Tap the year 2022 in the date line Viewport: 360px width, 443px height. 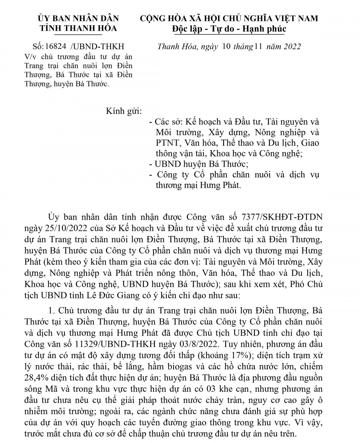point(290,47)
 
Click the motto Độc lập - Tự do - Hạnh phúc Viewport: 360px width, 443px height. point(229,29)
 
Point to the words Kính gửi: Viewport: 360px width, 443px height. point(124,111)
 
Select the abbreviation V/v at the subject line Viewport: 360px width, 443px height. point(31,57)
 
